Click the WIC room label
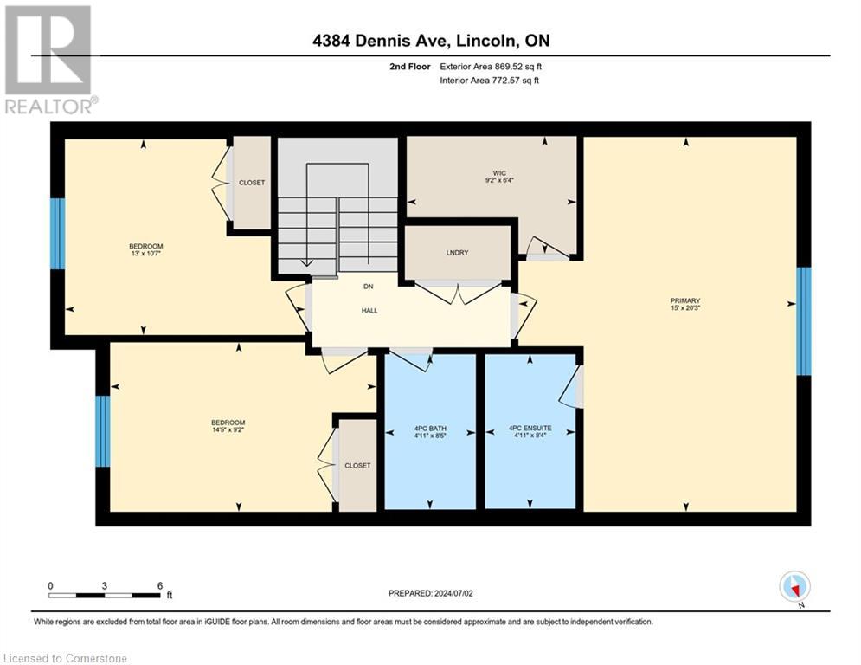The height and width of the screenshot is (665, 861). (499, 173)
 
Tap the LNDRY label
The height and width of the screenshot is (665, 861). (458, 253)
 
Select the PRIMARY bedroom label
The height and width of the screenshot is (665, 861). (685, 300)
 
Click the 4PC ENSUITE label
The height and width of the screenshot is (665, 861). (530, 428)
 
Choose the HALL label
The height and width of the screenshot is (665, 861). (369, 311)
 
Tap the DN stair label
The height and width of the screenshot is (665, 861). (369, 287)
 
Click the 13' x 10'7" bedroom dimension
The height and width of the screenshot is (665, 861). (146, 254)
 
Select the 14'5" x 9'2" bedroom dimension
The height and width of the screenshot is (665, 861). (228, 429)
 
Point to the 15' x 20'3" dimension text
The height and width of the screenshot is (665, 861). (685, 307)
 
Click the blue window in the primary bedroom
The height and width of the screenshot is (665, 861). (803, 321)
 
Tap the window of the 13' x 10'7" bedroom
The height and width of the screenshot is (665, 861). (58, 234)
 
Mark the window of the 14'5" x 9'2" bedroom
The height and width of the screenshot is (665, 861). (103, 431)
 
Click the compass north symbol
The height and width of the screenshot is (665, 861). (794, 587)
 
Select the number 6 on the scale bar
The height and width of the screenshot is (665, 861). (160, 586)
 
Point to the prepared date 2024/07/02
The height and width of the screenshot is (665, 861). (453, 593)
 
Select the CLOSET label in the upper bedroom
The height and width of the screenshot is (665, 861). (252, 183)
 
